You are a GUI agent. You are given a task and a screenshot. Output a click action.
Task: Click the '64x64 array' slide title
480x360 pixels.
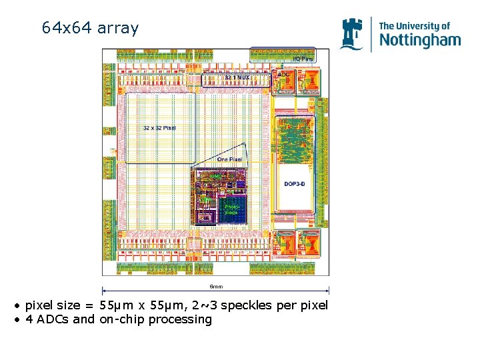pyautogui.click(x=90, y=28)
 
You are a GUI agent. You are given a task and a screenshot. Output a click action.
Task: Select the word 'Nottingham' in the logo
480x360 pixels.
pyautogui.click(x=420, y=40)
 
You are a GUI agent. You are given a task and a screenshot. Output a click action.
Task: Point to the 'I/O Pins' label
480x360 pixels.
pyautogui.click(x=303, y=59)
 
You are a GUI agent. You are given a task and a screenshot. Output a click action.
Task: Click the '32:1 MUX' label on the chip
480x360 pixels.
pyautogui.click(x=237, y=78)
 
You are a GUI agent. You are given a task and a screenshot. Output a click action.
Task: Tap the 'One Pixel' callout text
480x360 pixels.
pyautogui.click(x=230, y=159)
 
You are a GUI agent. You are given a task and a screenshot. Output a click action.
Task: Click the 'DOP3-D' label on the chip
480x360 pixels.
pyautogui.click(x=295, y=184)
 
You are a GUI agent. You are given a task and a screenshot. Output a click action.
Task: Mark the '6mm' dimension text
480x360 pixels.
pyautogui.click(x=215, y=287)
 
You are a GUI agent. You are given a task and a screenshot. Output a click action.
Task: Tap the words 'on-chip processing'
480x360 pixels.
pyautogui.click(x=155, y=319)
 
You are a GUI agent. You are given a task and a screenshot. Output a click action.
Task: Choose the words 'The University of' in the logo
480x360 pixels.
pyautogui.click(x=415, y=26)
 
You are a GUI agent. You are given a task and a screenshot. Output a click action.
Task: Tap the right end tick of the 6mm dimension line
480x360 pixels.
pyautogui.click(x=329, y=290)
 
